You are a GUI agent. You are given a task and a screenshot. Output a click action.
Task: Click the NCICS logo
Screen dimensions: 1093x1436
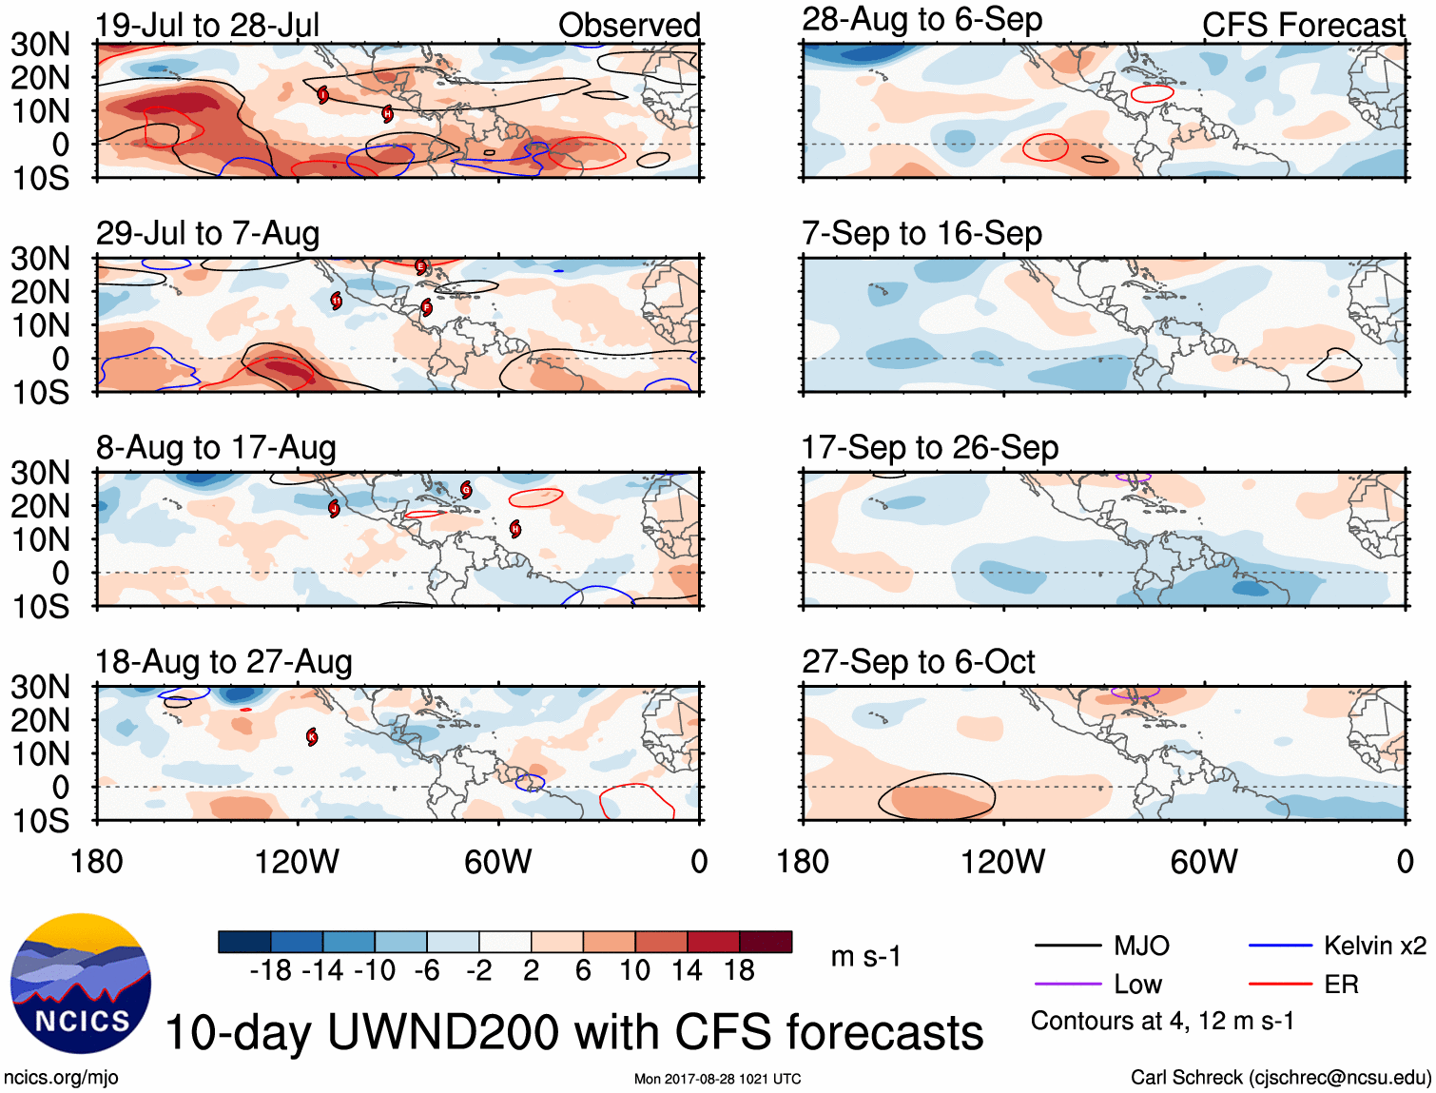tap(81, 983)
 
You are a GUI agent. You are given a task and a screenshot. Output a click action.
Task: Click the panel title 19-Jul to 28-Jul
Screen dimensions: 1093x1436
tap(207, 25)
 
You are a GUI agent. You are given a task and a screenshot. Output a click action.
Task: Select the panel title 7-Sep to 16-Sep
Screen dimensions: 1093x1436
tap(922, 233)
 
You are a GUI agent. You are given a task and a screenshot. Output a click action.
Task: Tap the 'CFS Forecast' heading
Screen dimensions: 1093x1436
tap(1303, 25)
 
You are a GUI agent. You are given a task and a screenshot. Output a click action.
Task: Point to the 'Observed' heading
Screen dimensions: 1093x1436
tap(629, 25)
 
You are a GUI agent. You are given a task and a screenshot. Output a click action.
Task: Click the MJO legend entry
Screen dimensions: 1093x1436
tap(1141, 946)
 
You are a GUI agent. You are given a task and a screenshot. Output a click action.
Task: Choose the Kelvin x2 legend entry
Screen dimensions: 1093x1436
tap(1374, 946)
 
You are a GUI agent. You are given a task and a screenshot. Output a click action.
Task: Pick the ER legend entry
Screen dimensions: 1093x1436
tap(1341, 984)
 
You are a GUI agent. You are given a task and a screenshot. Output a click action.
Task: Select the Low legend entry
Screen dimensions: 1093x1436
tap(1137, 984)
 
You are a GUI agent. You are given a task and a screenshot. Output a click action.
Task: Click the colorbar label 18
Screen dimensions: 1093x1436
tap(739, 970)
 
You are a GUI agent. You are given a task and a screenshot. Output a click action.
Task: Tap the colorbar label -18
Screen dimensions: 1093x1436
tap(270, 970)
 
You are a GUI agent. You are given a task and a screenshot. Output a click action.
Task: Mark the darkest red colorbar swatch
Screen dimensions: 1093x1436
tap(766, 942)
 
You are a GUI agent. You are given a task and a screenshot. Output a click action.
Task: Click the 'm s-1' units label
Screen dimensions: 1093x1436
tap(865, 956)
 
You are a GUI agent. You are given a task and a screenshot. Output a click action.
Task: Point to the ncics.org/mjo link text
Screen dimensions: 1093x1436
tap(61, 1078)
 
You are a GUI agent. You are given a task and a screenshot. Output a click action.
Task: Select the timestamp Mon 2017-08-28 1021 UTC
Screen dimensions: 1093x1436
tap(717, 1079)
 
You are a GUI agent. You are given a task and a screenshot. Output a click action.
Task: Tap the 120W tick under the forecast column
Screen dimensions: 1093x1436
tap(1002, 862)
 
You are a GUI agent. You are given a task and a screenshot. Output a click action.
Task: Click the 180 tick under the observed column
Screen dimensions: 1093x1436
tap(97, 862)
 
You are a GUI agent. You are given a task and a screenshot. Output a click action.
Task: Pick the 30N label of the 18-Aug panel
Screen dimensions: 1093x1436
tap(41, 687)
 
